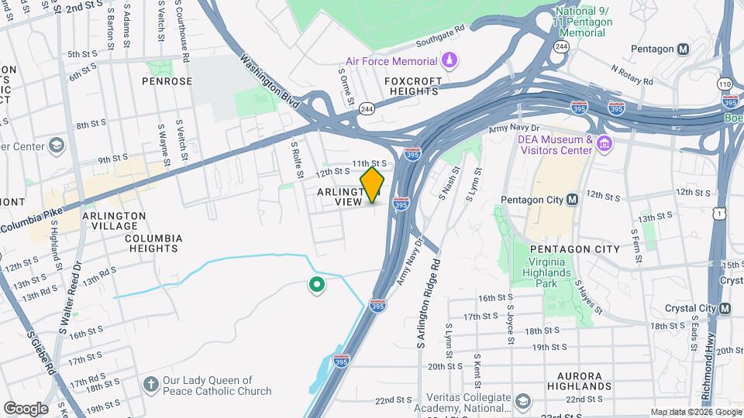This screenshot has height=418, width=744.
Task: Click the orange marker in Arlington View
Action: [373, 184]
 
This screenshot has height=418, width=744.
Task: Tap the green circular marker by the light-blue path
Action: [316, 286]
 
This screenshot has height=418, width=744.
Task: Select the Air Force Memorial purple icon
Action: [449, 60]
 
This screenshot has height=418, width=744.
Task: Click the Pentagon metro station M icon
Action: [683, 49]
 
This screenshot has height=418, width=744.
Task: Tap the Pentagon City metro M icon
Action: [573, 200]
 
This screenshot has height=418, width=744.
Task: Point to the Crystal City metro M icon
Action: [725, 308]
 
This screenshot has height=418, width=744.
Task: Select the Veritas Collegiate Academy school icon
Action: [524, 402]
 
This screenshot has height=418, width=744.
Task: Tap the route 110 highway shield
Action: [725, 84]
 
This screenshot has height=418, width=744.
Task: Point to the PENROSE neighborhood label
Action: [167, 81]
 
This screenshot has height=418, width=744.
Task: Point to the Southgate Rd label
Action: [439, 34]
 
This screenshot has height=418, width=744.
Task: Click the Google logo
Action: [25, 409]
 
